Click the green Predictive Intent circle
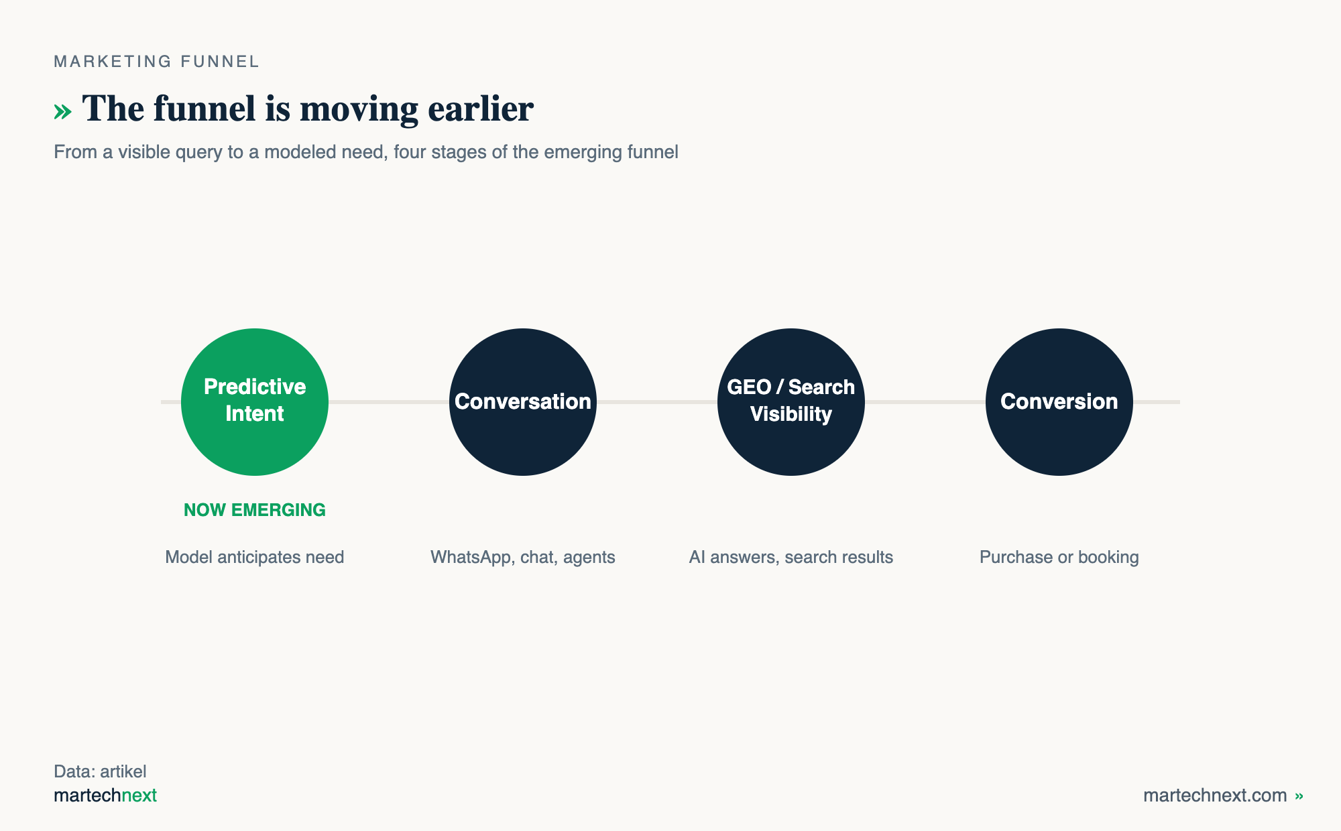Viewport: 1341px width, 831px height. (x=255, y=402)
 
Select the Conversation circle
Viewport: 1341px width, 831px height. (x=523, y=402)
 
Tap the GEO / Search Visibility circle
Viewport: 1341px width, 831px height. (x=791, y=402)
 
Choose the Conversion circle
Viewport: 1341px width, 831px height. (x=1059, y=402)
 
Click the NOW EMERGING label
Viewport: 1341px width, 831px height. (x=255, y=510)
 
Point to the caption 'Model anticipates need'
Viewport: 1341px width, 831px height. (x=255, y=557)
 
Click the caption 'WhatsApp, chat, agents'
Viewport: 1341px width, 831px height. (x=523, y=557)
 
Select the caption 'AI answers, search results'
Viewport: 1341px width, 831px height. (x=791, y=557)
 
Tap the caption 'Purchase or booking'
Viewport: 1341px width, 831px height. (x=1059, y=557)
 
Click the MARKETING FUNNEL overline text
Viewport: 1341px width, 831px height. (x=156, y=62)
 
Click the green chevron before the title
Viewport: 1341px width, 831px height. (x=62, y=111)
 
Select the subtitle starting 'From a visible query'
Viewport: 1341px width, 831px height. (x=366, y=152)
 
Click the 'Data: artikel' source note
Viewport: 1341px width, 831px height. (x=100, y=771)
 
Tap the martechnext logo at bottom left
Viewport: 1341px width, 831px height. (x=105, y=795)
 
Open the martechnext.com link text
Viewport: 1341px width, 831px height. (x=1215, y=795)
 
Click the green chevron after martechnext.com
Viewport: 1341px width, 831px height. (x=1299, y=796)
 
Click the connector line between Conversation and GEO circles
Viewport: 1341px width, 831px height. (x=657, y=402)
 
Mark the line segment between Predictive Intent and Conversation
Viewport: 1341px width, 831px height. (x=389, y=402)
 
